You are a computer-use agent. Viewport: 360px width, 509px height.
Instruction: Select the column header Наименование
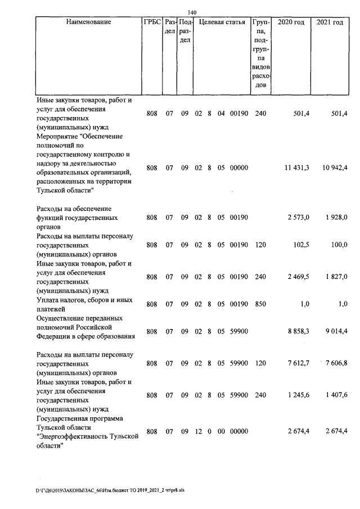point(88,22)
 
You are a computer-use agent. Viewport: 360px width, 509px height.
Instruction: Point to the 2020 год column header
point(291,22)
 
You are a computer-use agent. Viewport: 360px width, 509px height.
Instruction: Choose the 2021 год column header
point(330,22)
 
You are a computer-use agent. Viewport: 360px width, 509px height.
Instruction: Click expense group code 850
point(258,304)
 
